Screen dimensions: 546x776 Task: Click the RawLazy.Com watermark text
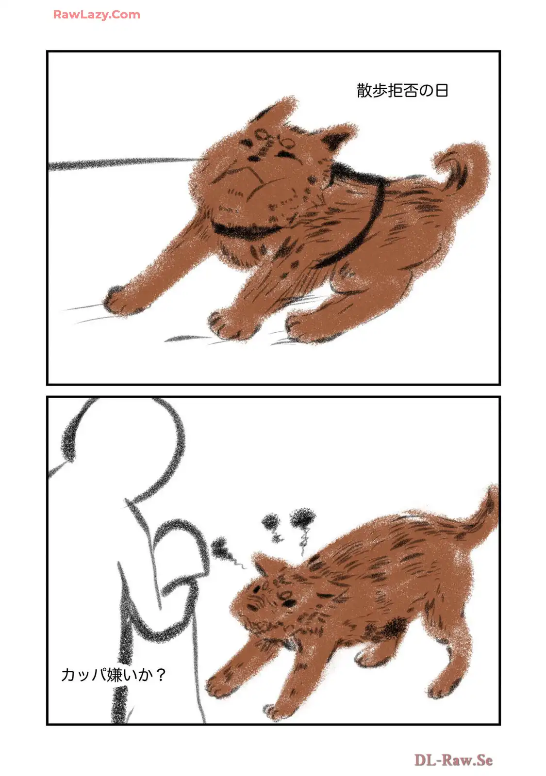tap(97, 15)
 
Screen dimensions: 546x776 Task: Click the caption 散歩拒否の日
tap(402, 91)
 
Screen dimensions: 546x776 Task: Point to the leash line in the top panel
tap(125, 163)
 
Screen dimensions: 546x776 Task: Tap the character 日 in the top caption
tap(442, 91)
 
